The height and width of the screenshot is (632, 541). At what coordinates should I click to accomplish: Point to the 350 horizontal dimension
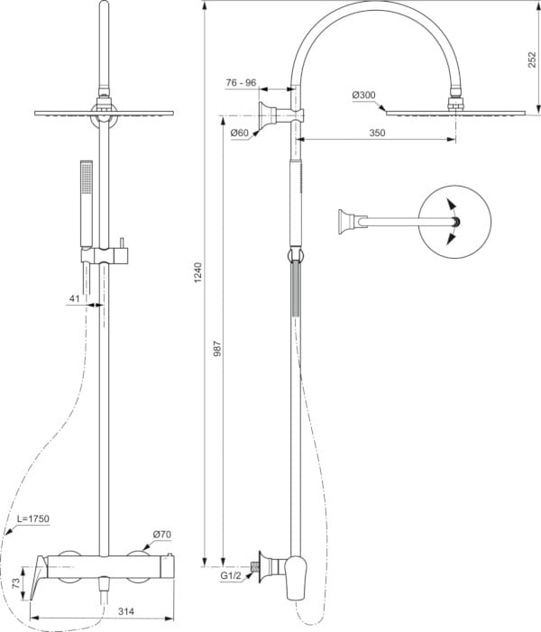[x=377, y=133]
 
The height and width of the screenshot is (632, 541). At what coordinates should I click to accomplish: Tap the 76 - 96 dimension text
[x=241, y=82]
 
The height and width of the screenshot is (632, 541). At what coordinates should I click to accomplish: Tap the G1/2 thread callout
[x=234, y=573]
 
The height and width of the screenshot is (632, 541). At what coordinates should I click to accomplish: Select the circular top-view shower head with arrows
[x=454, y=221]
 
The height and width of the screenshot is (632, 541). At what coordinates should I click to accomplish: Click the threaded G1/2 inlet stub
[x=257, y=566]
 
